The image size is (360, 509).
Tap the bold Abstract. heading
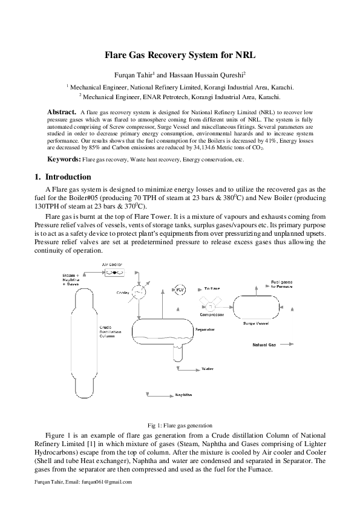(62, 112)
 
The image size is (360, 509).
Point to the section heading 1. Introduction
(63, 177)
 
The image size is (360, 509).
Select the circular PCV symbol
(180, 290)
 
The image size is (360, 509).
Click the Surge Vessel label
(256, 324)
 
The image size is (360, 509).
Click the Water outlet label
(208, 368)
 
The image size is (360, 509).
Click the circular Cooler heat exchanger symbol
(139, 293)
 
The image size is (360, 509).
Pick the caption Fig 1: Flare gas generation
(180, 425)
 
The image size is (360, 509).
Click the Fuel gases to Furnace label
(283, 284)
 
